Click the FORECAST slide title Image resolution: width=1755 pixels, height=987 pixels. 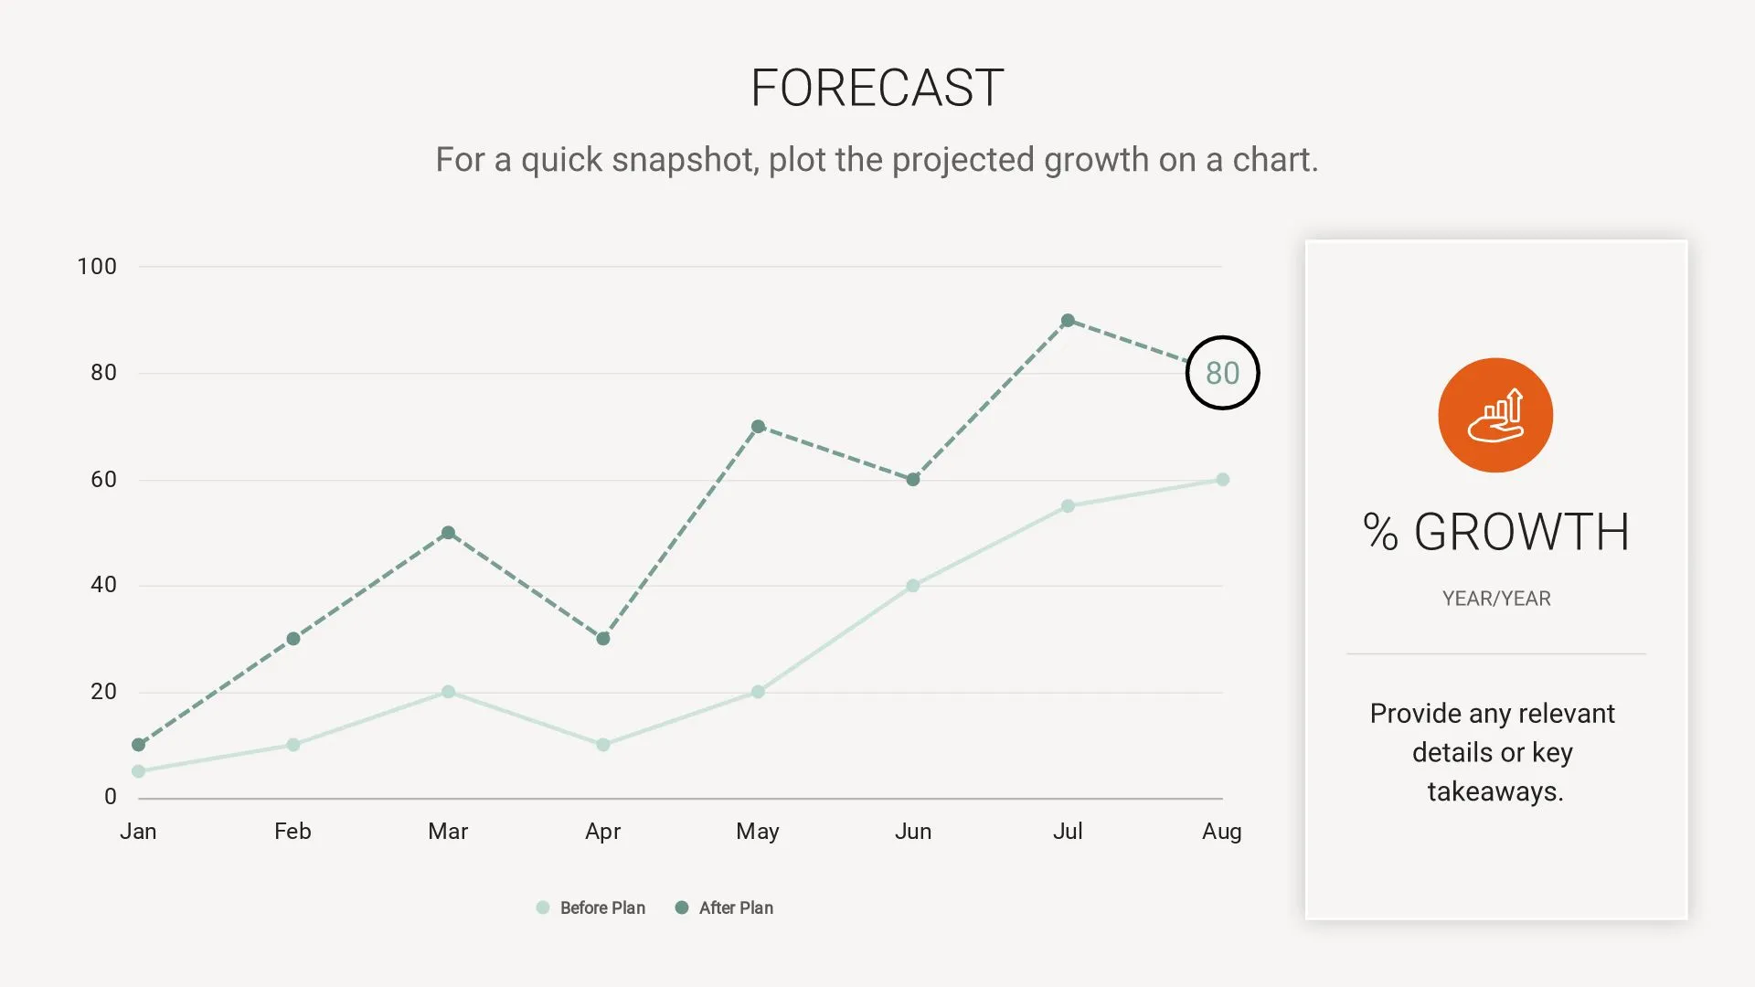pyautogui.click(x=877, y=88)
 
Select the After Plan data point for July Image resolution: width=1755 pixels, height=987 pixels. pyautogui.click(x=1068, y=321)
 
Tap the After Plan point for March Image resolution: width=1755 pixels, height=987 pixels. pyautogui.click(x=448, y=533)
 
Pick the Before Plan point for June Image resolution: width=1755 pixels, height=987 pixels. pyautogui.click(x=913, y=586)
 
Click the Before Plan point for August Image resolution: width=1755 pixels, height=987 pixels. pyautogui.click(x=1223, y=480)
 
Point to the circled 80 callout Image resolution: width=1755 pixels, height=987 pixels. pyautogui.click(x=1222, y=373)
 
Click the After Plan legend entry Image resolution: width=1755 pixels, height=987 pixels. pyautogui.click(x=724, y=907)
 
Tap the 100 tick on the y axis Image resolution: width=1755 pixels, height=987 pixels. pyautogui.click(x=97, y=267)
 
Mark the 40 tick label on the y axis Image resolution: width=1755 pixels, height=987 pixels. pyautogui.click(x=103, y=585)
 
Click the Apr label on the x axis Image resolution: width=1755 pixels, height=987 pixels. pyautogui.click(x=602, y=832)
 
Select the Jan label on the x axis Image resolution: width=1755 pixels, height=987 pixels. pyautogui.click(x=138, y=832)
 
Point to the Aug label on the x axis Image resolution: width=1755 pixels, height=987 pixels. pyautogui.click(x=1221, y=832)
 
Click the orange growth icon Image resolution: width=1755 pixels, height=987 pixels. pyautogui.click(x=1495, y=415)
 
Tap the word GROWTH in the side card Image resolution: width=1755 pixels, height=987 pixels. pyautogui.click(x=1522, y=532)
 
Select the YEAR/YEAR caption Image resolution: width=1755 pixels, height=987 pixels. pyautogui.click(x=1496, y=599)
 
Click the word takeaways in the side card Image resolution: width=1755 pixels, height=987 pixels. pyautogui.click(x=1495, y=791)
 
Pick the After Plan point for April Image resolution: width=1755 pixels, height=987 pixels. pyautogui.click(x=603, y=639)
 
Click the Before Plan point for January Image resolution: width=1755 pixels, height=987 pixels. pyautogui.click(x=139, y=771)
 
